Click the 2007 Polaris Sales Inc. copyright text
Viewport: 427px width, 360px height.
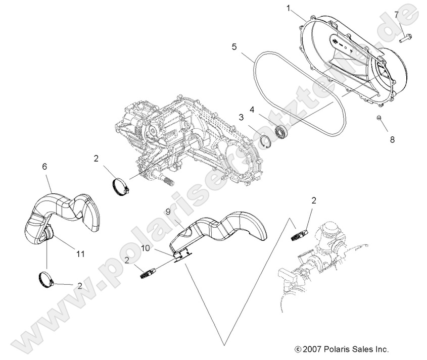[341, 349]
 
